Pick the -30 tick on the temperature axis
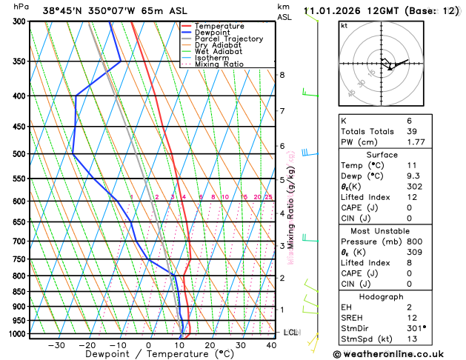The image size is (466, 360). click(56, 345)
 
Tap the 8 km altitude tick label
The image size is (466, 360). click(282, 75)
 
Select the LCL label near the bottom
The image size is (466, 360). click(290, 333)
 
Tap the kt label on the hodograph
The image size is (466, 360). click(344, 26)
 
